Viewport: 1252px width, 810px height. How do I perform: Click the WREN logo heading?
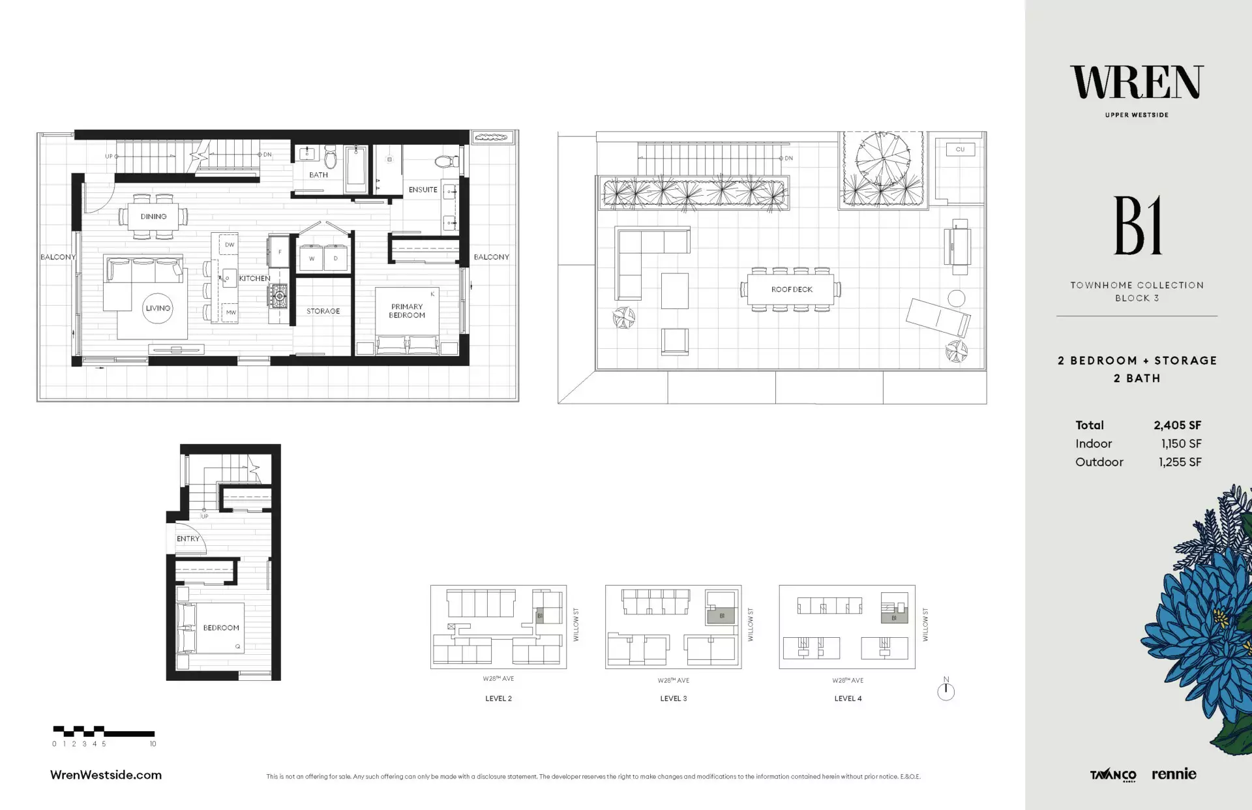pyautogui.click(x=1137, y=83)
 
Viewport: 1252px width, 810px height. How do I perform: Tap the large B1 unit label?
pyautogui.click(x=1137, y=226)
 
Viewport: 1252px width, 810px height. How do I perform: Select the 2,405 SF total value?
pyautogui.click(x=1177, y=425)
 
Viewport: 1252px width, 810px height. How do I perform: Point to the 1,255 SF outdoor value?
pyautogui.click(x=1180, y=462)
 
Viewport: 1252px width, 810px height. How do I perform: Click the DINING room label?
pyautogui.click(x=153, y=217)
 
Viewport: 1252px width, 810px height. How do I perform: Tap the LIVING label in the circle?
pyautogui.click(x=158, y=308)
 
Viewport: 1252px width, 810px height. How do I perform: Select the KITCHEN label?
pyautogui.click(x=254, y=278)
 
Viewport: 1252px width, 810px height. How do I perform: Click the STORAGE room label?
pyautogui.click(x=323, y=311)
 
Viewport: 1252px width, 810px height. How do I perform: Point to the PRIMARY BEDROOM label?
pyautogui.click(x=407, y=310)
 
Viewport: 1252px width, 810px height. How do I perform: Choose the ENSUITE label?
pyautogui.click(x=423, y=190)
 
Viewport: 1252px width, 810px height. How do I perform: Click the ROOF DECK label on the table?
pyautogui.click(x=792, y=290)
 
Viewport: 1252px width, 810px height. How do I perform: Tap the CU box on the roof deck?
pyautogui.click(x=960, y=149)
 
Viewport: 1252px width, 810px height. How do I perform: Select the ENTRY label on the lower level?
pyautogui.click(x=188, y=539)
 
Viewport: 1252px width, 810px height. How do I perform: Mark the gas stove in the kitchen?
pyautogui.click(x=279, y=296)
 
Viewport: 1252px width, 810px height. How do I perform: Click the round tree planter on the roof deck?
pyautogui.click(x=883, y=159)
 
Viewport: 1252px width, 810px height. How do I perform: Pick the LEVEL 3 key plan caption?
pyautogui.click(x=673, y=698)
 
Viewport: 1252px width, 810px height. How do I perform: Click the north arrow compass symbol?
pyautogui.click(x=946, y=691)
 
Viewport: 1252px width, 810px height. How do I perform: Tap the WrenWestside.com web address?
pyautogui.click(x=106, y=775)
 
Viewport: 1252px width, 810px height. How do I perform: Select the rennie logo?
pyautogui.click(x=1174, y=774)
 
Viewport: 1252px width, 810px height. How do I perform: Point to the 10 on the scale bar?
pyautogui.click(x=153, y=743)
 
